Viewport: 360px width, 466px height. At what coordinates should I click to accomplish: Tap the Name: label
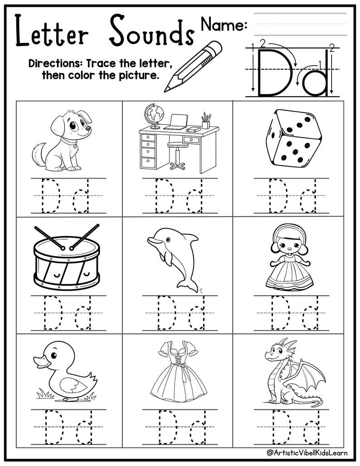coord(224,24)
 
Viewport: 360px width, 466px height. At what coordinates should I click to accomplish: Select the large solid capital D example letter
coord(268,73)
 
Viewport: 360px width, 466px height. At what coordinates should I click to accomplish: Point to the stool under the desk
coord(176,156)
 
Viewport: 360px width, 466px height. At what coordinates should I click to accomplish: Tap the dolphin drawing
coord(176,256)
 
